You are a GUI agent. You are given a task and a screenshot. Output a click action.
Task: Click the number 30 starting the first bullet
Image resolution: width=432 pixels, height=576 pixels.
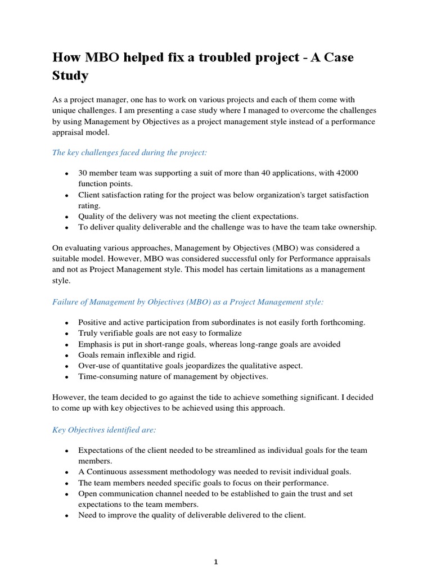coord(83,173)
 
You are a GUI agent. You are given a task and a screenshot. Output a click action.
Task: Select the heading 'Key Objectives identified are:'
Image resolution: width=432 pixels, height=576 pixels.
coord(104,430)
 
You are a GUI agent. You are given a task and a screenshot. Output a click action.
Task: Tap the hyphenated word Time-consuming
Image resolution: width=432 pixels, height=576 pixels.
coord(105,376)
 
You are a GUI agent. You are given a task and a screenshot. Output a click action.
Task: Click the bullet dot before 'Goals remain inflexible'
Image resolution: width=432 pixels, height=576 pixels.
coord(67,355)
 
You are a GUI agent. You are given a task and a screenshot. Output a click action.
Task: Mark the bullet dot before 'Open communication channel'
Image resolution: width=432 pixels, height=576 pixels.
coord(67,494)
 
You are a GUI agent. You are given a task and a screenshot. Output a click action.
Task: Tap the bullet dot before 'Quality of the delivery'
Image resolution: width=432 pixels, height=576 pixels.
coord(67,217)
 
